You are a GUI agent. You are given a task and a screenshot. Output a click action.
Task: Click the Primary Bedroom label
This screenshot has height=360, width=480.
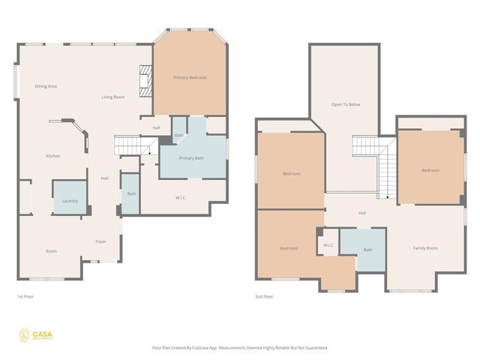pos(190,78)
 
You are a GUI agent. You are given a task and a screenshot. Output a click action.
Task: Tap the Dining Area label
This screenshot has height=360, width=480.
pos(46,86)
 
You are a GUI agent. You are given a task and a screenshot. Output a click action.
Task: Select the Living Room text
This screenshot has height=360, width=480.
pos(113,97)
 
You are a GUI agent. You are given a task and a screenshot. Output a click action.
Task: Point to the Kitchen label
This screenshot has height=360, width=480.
pos(52,156)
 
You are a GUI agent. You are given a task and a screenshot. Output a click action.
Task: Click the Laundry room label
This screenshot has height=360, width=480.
pos(69,201)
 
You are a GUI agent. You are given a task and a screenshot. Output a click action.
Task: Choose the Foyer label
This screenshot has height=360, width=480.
pos(100,241)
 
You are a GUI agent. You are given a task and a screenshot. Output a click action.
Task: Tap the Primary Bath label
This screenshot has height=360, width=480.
pos(191,158)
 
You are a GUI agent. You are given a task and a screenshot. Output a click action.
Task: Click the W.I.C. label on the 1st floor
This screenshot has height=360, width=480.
pos(181,198)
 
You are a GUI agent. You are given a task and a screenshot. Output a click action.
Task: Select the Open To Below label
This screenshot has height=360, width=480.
pos(346,104)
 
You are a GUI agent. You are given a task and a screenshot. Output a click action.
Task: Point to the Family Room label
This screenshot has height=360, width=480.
pos(425,248)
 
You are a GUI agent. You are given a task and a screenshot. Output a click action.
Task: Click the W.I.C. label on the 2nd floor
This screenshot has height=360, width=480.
pos(328,245)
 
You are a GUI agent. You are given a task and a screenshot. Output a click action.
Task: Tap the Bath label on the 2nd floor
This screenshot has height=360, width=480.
pos(367,250)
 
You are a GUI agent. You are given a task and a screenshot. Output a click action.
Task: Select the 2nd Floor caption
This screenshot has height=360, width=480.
pos(264,297)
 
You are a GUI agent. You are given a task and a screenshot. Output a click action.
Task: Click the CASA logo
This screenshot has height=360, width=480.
pos(34,334)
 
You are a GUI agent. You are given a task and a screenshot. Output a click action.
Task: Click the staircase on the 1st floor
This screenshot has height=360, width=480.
pos(127,145)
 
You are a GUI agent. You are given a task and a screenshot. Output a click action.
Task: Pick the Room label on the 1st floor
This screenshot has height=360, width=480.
pos(51,251)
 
